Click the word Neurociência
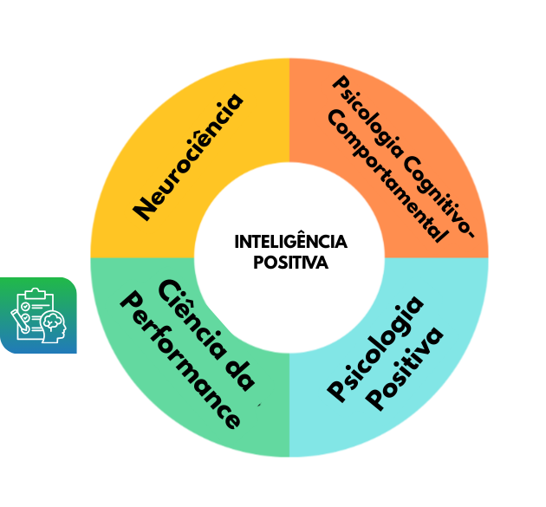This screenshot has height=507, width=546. [189, 156]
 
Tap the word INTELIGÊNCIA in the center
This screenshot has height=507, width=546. [290, 242]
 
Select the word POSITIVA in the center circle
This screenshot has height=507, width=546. [290, 263]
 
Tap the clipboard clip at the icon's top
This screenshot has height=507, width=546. [36, 294]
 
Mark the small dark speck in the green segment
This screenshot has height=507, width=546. [258, 404]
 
